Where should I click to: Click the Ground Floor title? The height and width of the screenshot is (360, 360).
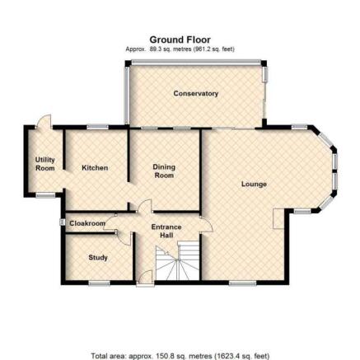(x=180, y=40)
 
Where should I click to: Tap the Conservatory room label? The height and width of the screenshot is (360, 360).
(x=196, y=93)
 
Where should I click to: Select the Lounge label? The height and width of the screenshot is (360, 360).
(x=254, y=184)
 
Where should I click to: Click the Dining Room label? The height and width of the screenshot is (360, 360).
(x=164, y=171)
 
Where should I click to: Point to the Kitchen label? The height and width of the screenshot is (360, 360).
(x=95, y=168)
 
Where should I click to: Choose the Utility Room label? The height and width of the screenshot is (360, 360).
(x=45, y=164)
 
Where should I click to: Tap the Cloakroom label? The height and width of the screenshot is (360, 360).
(x=87, y=223)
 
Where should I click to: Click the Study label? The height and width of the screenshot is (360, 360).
(x=98, y=258)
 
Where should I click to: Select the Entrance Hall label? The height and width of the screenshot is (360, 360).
(x=166, y=231)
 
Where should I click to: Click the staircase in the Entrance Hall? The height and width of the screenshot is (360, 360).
(x=177, y=261)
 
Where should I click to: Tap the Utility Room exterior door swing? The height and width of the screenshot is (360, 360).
(x=44, y=121)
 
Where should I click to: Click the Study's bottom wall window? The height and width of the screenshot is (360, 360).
(x=99, y=283)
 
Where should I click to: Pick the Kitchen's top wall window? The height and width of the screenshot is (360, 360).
(x=97, y=127)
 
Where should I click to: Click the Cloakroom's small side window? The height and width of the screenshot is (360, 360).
(x=62, y=222)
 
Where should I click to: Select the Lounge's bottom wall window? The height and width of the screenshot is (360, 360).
(x=242, y=283)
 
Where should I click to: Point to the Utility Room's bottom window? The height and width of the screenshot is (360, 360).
(x=45, y=195)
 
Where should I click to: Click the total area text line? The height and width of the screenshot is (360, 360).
(x=180, y=356)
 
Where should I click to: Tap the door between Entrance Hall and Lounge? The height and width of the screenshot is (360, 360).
(x=207, y=225)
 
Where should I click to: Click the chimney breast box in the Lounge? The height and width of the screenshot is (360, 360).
(x=279, y=218)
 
